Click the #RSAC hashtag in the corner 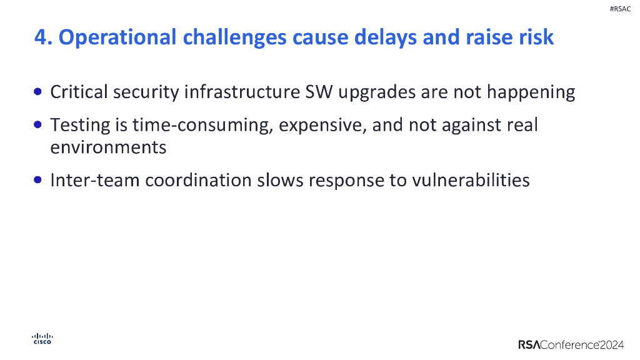[x=619, y=9]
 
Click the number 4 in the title [x=41, y=37]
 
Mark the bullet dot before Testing [x=39, y=125]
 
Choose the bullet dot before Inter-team [x=39, y=180]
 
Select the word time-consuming [x=202, y=126]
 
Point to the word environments [x=108, y=147]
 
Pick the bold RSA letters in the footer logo [x=529, y=344]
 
